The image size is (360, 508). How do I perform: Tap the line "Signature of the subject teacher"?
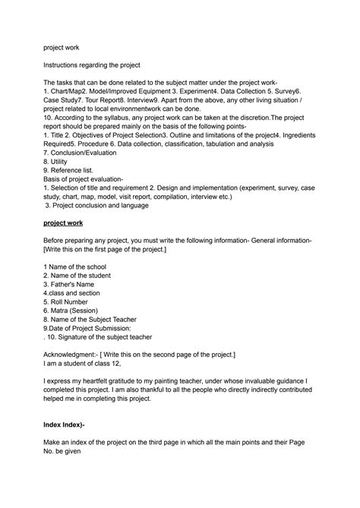point(100,336)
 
